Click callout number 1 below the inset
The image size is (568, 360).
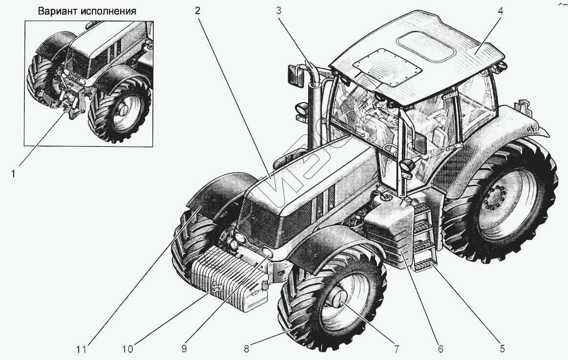pos(14,173)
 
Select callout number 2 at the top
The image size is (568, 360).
pos(198,11)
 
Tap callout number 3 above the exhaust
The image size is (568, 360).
pos(279,11)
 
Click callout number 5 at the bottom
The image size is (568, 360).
pos(502,348)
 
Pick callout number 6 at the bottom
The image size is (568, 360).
pos(440,348)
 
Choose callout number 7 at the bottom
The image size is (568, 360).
pos(396,348)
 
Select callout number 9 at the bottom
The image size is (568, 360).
pos(185,348)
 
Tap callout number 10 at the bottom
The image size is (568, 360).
pos(128,348)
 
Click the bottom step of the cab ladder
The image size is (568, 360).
pos(423,266)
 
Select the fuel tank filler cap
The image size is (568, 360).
pos(385,197)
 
